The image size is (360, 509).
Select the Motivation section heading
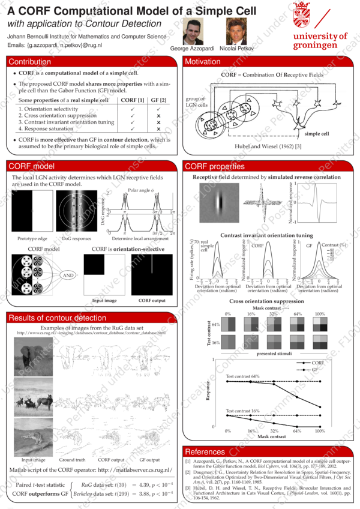coord(203,62)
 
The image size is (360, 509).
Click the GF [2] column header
coord(158,100)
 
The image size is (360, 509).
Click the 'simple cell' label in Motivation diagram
coord(317,134)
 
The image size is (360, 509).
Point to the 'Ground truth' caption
coord(72,460)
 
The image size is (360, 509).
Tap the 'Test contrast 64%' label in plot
coord(242,376)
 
